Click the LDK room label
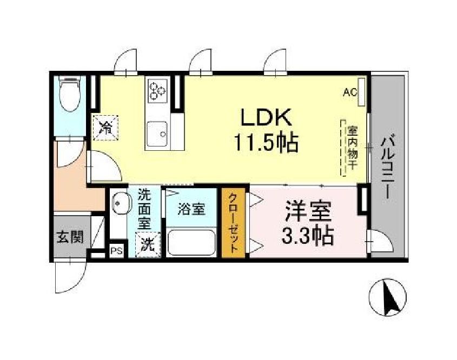[x=267, y=117]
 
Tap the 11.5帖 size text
[x=267, y=142]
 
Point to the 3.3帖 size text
[x=307, y=236]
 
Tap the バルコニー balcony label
[x=387, y=168]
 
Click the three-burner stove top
[x=157, y=90]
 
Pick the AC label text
[x=350, y=92]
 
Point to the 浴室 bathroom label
[x=192, y=210]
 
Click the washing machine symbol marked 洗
[x=148, y=244]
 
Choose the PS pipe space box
[x=116, y=250]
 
